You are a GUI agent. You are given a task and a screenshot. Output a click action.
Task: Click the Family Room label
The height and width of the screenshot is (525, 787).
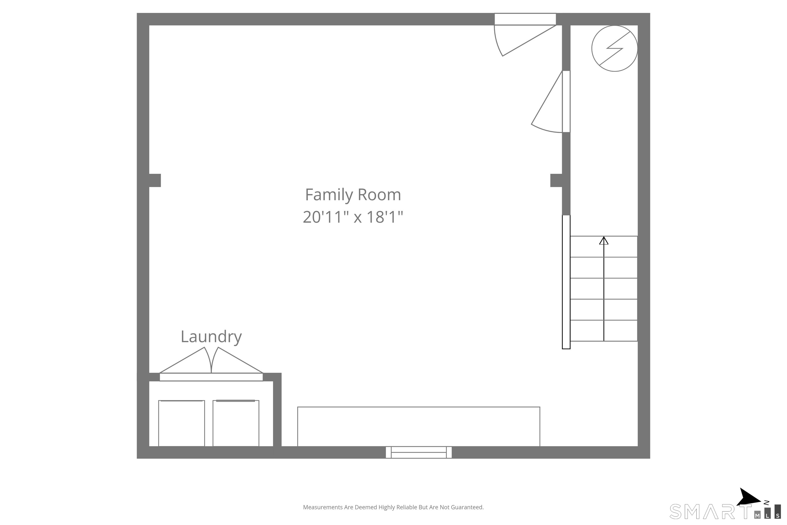click(353, 195)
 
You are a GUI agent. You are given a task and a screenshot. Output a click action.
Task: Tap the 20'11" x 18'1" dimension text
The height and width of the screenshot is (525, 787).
click(353, 217)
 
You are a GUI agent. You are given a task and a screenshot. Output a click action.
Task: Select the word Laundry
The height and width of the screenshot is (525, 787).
click(211, 337)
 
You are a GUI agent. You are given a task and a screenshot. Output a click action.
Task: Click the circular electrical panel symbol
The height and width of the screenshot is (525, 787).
click(614, 48)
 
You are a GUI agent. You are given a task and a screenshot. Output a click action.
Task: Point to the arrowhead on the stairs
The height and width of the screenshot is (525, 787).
click(604, 240)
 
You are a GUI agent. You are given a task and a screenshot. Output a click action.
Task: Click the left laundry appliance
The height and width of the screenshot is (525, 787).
click(181, 423)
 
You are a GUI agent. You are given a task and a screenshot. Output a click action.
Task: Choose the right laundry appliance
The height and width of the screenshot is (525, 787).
click(236, 423)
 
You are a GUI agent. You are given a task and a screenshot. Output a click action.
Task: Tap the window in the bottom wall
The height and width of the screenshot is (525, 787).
click(419, 452)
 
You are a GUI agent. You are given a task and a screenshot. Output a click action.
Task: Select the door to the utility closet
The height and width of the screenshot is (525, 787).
click(551, 102)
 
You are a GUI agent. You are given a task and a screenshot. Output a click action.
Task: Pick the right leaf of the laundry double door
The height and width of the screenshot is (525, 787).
click(237, 363)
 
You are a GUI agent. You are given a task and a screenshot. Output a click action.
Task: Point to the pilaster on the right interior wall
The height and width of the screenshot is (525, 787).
click(556, 180)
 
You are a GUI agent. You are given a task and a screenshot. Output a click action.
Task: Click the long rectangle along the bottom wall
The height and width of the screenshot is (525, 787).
click(419, 427)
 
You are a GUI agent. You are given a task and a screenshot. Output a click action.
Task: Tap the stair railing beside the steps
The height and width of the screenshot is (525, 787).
click(566, 282)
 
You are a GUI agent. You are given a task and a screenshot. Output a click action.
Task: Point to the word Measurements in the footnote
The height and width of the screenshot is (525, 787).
click(323, 507)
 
